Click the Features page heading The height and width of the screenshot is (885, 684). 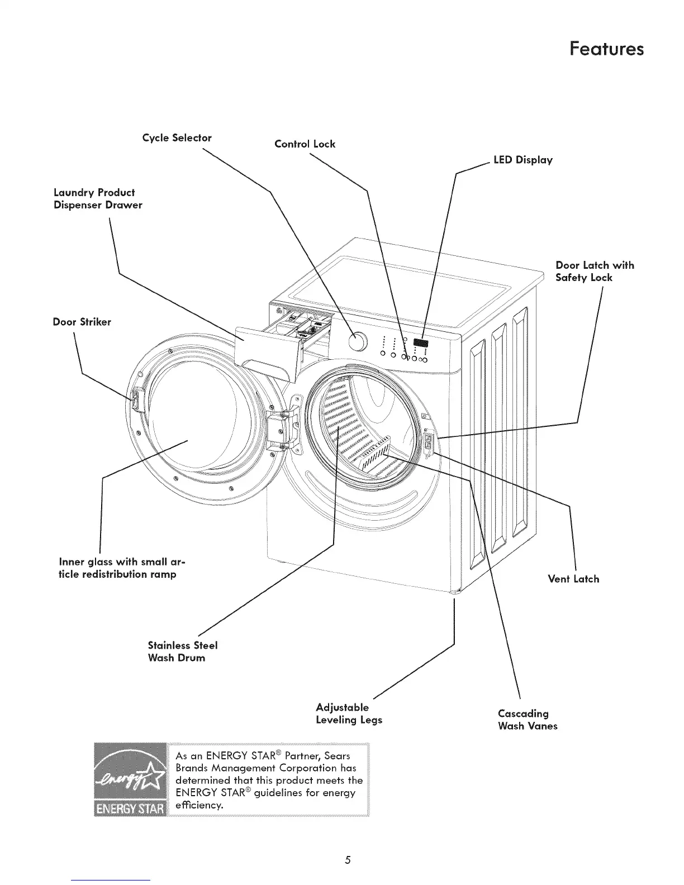point(606,49)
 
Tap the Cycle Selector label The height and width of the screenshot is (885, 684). point(177,137)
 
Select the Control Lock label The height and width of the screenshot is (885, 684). point(305,144)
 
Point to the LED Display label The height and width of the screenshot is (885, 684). point(522,160)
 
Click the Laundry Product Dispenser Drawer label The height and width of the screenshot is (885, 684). point(98,198)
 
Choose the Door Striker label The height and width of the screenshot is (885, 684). point(82,322)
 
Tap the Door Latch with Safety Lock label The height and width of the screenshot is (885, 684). point(595,271)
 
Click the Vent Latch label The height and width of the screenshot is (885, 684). point(573,579)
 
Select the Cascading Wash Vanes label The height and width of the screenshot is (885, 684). point(527,720)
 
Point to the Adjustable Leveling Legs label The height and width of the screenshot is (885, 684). point(349,713)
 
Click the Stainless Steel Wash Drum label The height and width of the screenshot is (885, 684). point(182,651)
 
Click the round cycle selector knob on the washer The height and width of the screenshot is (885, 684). point(358,342)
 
